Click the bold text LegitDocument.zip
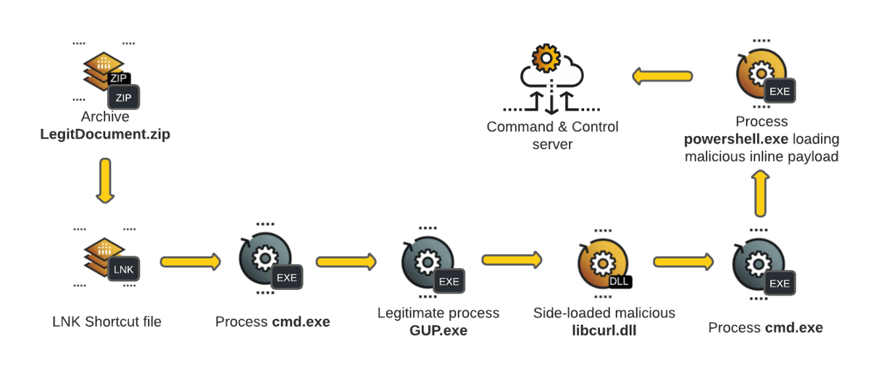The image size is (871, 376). [x=105, y=134]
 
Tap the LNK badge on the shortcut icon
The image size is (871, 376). [x=123, y=270]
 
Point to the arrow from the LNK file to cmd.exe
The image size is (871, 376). [x=190, y=261]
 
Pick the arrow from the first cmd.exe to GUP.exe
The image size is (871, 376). [x=346, y=261]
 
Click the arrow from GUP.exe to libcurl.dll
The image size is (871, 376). [x=512, y=259]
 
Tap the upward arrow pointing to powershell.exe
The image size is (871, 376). [x=759, y=193]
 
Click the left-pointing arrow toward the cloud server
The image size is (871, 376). [x=662, y=75]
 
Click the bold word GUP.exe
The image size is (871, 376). [x=438, y=330]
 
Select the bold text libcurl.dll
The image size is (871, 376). [x=604, y=330]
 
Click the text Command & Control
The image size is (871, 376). [x=552, y=127]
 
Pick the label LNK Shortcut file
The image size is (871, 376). [x=107, y=322]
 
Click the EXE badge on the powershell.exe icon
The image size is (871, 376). [x=780, y=92]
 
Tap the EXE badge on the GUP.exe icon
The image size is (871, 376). [x=449, y=281]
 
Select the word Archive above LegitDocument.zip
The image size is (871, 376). [x=105, y=117]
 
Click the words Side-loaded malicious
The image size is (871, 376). [x=604, y=313]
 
